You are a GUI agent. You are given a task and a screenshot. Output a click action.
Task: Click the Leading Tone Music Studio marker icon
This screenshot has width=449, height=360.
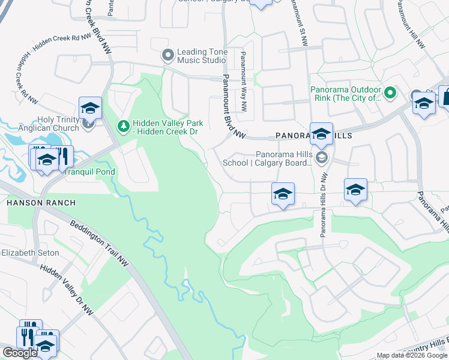167,56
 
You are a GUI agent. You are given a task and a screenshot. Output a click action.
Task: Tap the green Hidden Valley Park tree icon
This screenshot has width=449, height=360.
123,126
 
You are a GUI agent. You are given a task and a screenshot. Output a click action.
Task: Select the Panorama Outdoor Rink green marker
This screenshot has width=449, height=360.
390,93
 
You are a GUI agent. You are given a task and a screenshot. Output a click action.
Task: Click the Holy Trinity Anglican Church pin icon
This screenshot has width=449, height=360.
88,124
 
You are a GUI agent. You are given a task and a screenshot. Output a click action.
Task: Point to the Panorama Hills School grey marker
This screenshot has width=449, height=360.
322,157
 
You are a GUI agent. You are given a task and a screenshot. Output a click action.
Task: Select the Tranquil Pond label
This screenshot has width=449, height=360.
90,172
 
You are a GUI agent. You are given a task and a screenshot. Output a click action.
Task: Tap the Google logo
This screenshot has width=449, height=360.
20,353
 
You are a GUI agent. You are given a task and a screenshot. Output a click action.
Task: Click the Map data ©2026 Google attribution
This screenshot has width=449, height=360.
412,356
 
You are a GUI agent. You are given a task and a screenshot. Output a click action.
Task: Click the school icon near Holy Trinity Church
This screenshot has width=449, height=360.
90,108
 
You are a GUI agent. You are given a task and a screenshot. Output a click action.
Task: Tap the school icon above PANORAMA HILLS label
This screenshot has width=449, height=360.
321,133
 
